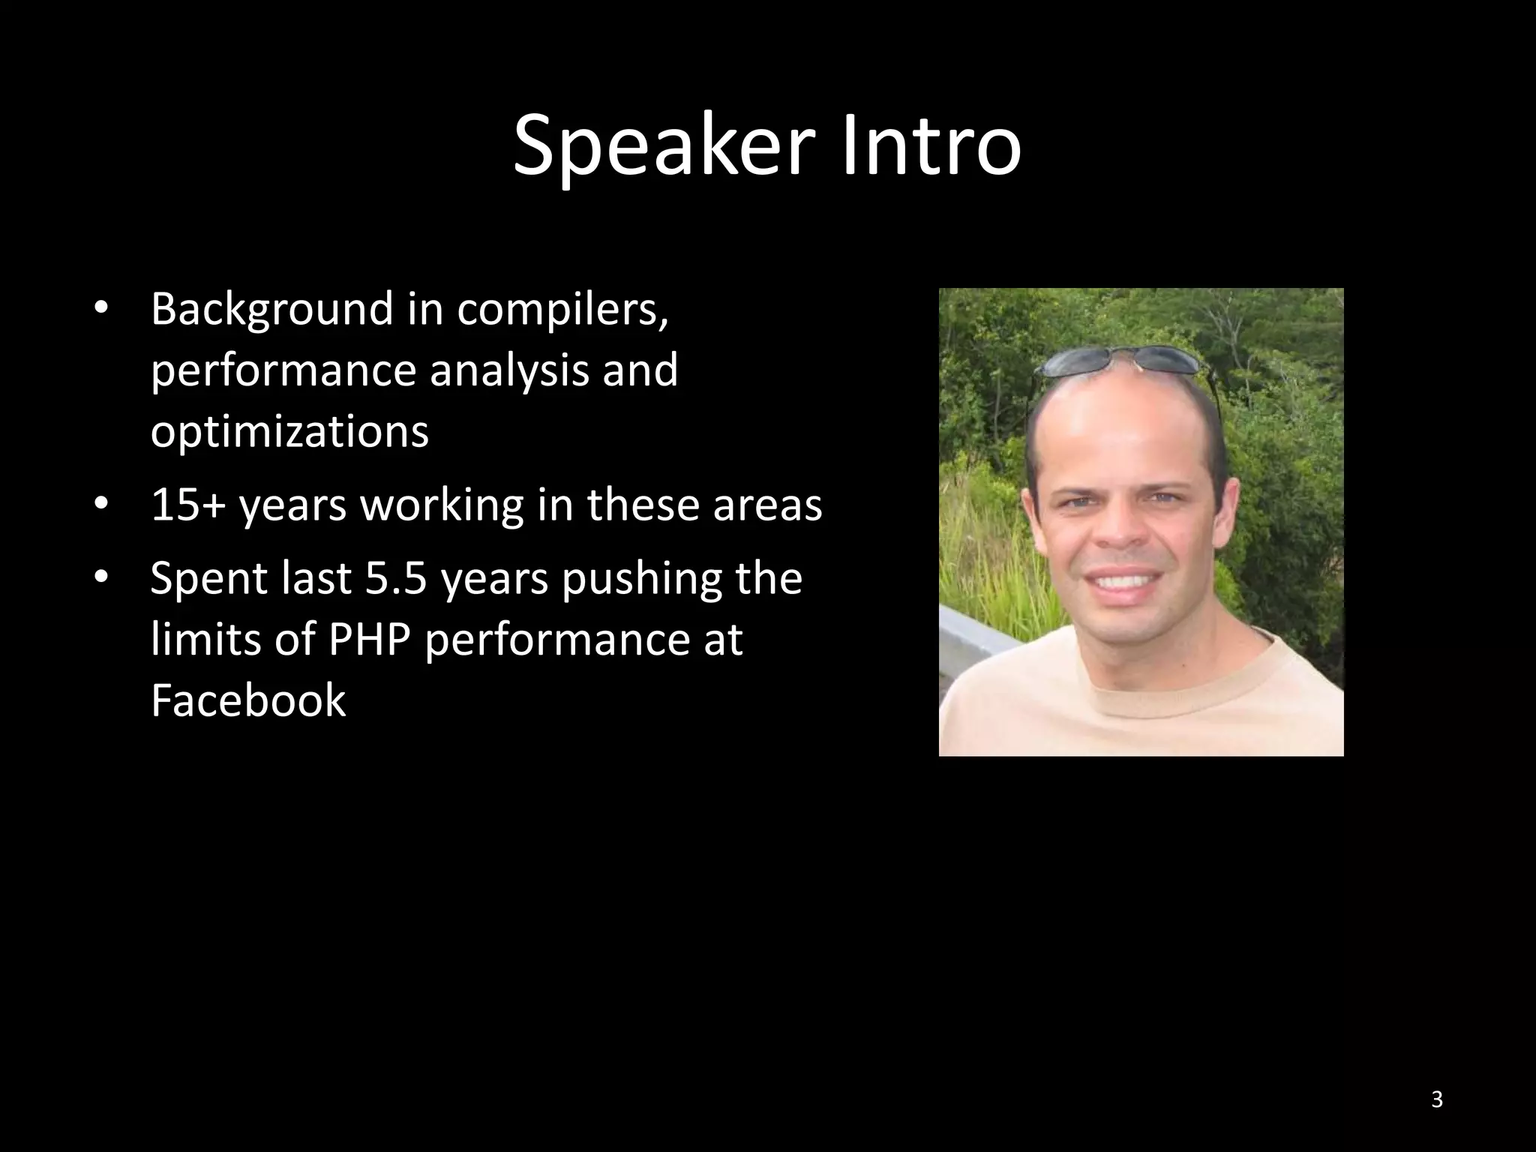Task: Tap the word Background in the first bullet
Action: (271, 310)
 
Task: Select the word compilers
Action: (562, 310)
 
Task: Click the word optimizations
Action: (289, 432)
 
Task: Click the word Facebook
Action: (248, 700)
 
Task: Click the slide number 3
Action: (1436, 1099)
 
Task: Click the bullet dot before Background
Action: (102, 310)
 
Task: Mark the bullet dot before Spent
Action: (102, 578)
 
